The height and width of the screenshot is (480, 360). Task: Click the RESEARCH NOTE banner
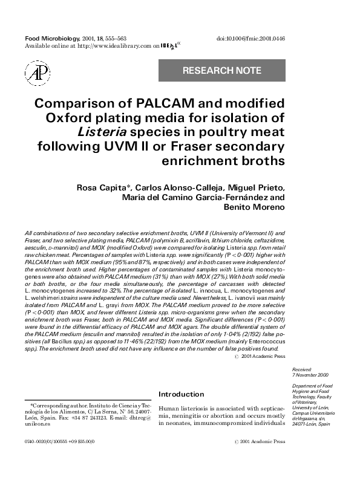[x=221, y=71]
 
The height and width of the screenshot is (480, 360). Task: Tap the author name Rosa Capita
[x=100, y=187]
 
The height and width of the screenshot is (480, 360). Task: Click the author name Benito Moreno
[x=249, y=208]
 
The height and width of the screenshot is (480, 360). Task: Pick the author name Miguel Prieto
[x=253, y=187]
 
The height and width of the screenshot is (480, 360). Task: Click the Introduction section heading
[x=181, y=394]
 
